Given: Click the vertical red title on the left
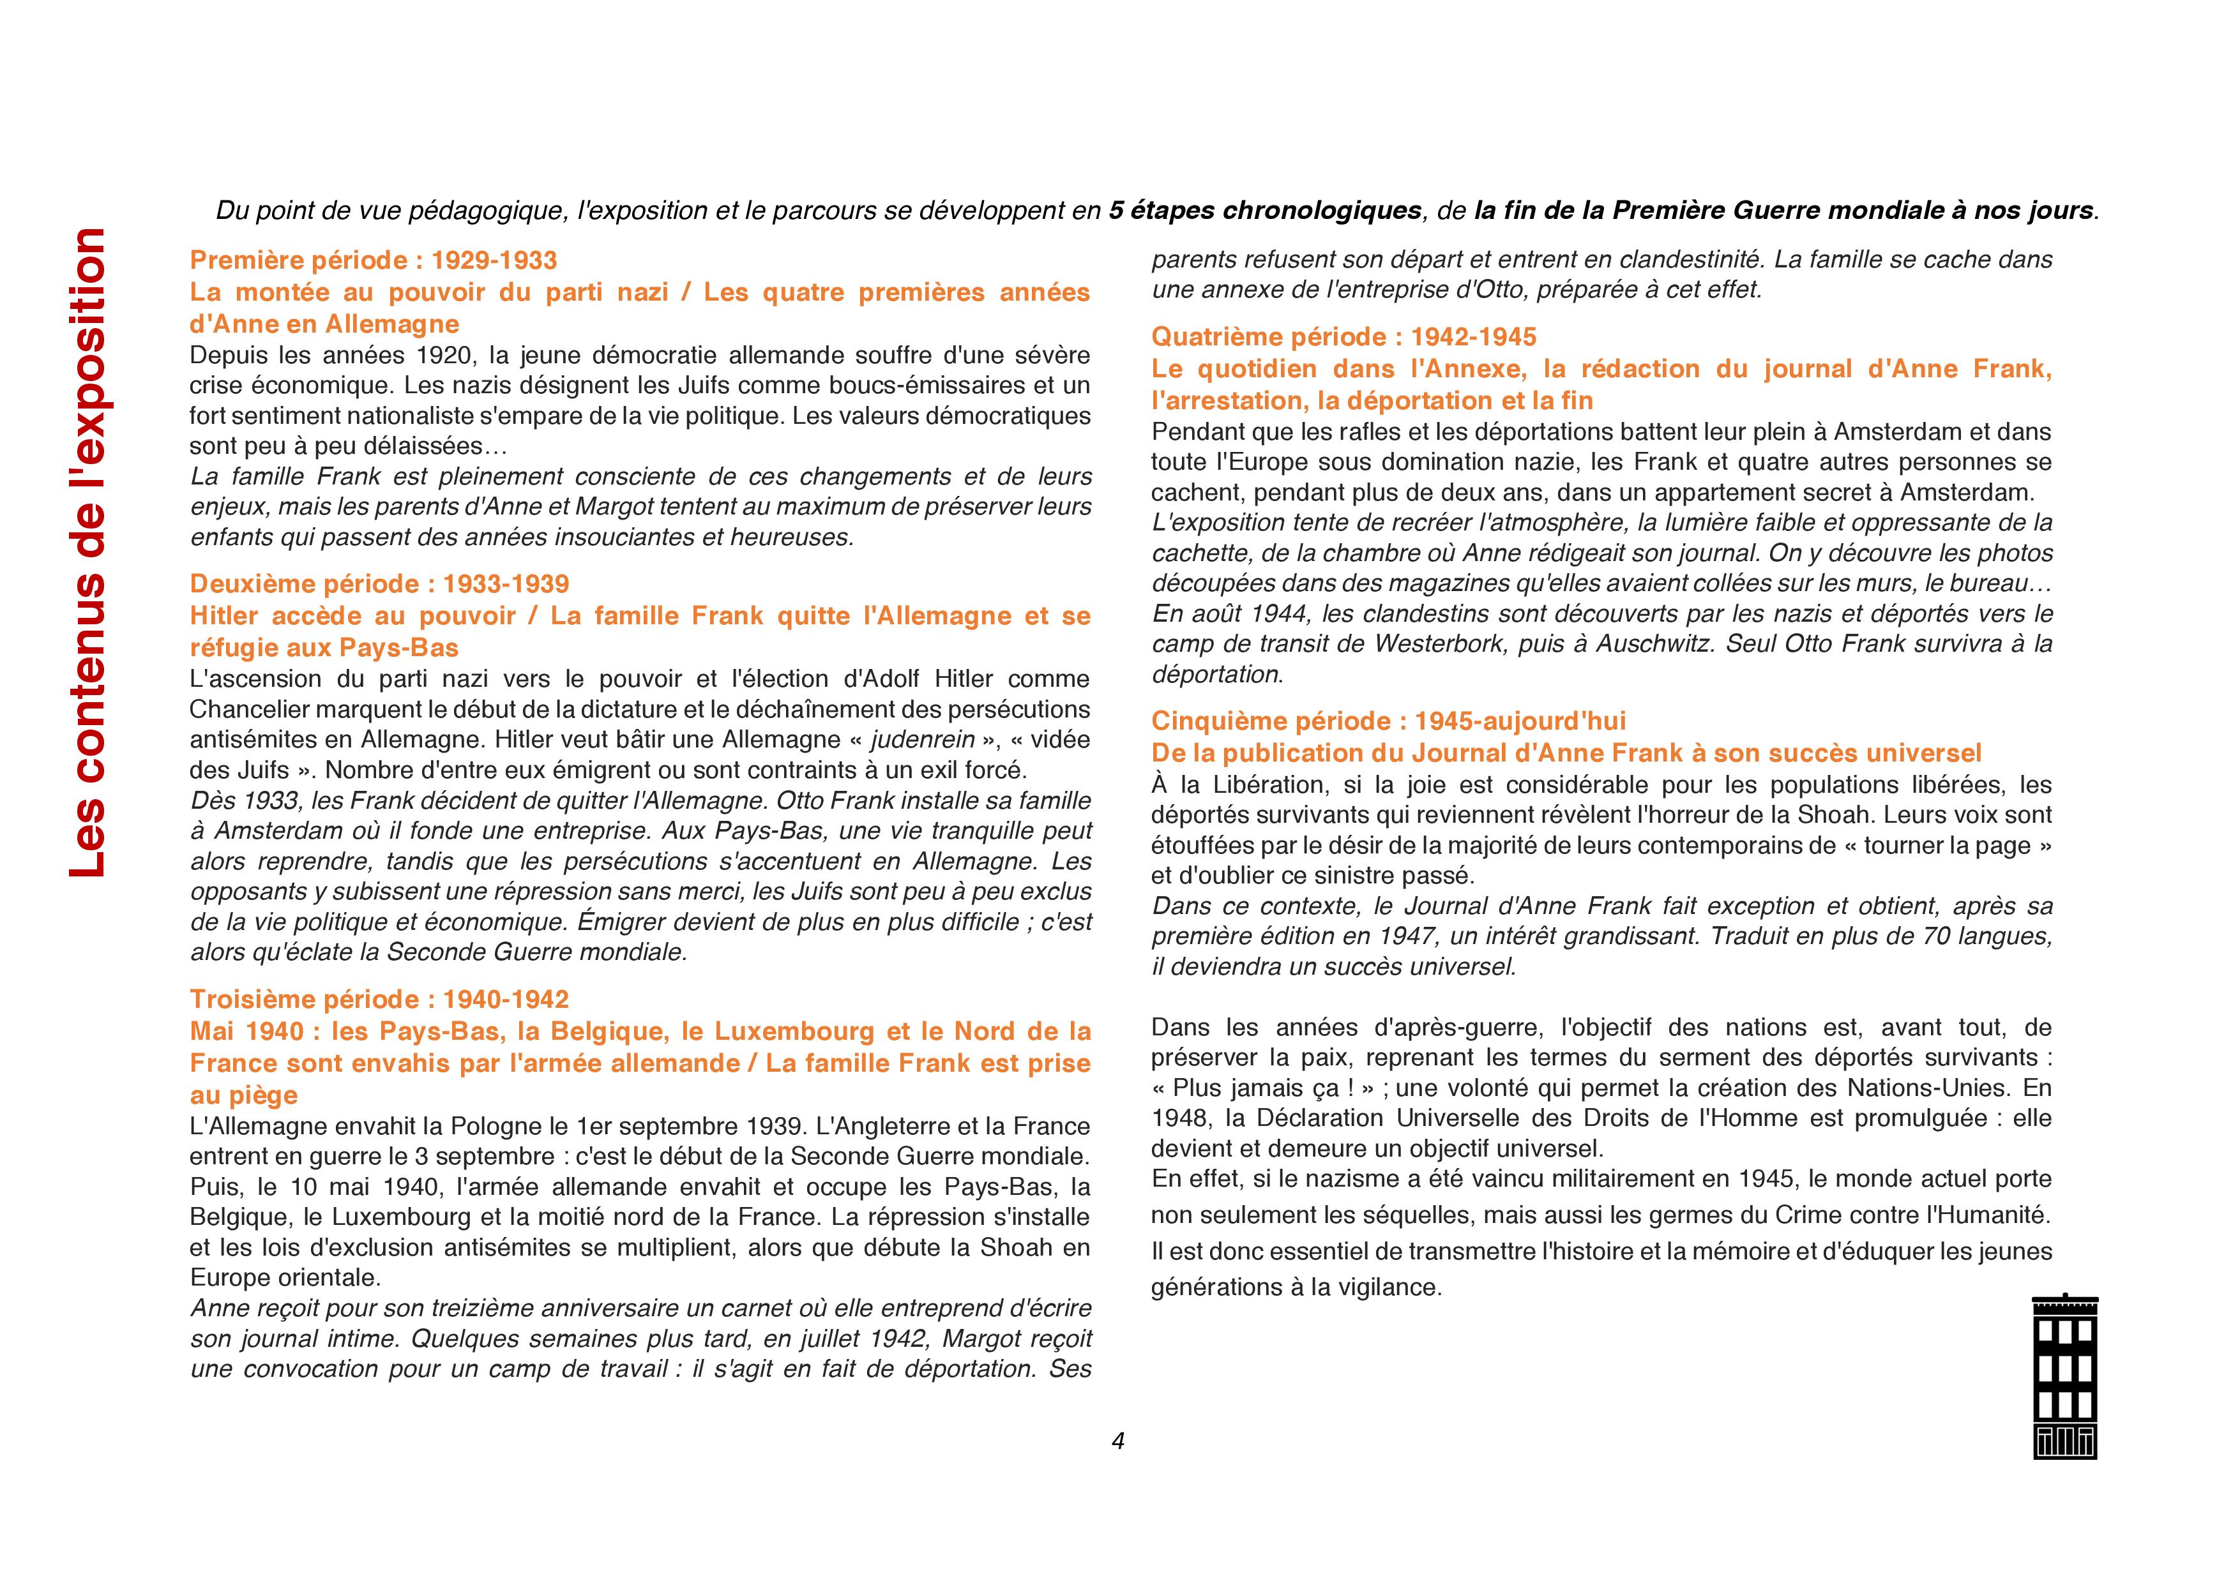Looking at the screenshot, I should pos(88,552).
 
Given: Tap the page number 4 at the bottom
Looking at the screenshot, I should pos(1118,1441).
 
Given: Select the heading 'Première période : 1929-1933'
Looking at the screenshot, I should pos(374,260).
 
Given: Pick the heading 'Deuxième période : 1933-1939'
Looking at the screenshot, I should pos(379,584).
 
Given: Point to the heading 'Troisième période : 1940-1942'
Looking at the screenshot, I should pos(379,1000).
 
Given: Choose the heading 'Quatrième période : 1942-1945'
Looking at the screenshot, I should pos(1343,338).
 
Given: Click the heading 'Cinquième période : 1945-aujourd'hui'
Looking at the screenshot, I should pos(1388,722).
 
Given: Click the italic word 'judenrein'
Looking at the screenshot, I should pos(923,740).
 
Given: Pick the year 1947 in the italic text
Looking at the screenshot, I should pos(1396,937).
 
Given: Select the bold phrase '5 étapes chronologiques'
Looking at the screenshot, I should pos(1264,211).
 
